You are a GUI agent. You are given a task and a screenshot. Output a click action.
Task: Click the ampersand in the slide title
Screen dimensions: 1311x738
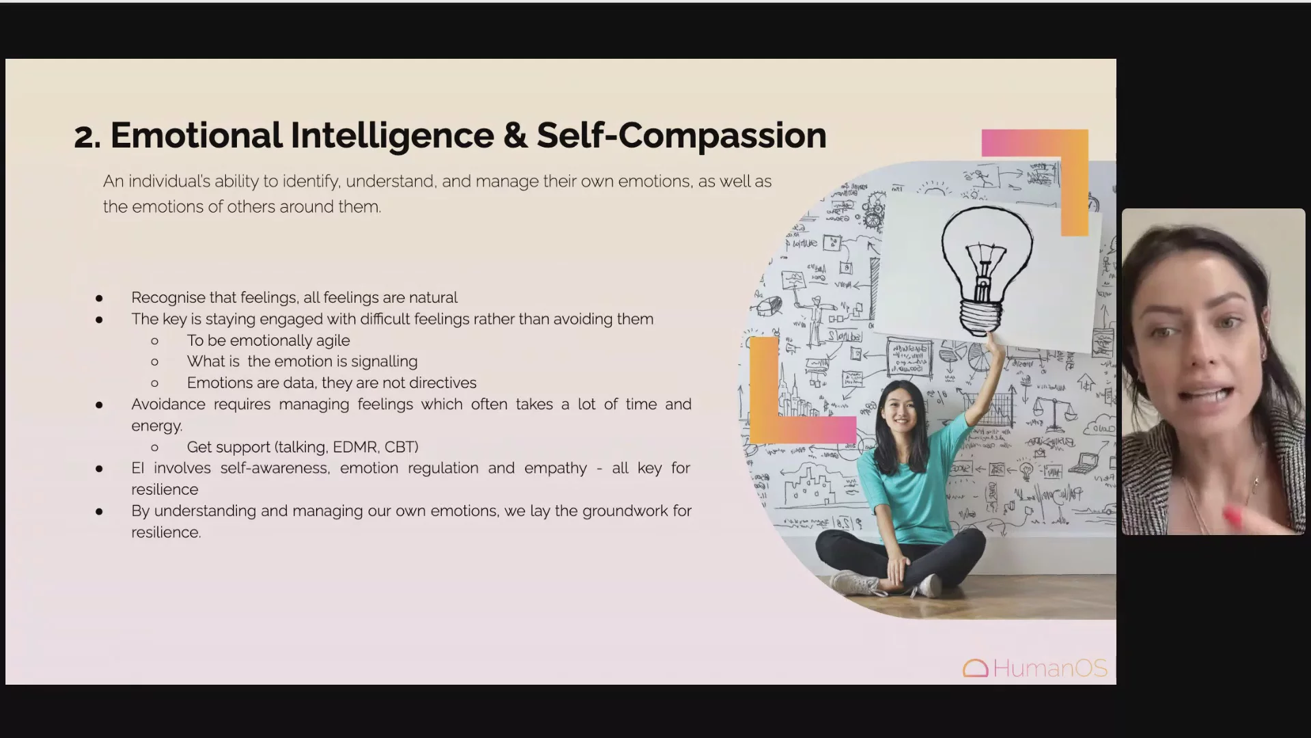[x=516, y=135]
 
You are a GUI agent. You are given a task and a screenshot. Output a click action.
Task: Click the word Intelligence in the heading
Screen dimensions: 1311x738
[x=393, y=135]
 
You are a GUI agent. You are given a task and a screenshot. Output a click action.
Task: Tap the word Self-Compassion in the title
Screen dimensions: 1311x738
[x=681, y=135]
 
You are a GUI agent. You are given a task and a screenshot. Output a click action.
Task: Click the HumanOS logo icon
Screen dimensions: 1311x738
[x=976, y=668]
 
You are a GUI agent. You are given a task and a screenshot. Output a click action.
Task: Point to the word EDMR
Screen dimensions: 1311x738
[x=355, y=447]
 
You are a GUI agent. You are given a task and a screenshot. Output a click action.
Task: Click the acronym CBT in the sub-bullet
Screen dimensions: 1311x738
[x=401, y=447]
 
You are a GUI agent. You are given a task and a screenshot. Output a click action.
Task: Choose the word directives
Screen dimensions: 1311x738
[x=443, y=383]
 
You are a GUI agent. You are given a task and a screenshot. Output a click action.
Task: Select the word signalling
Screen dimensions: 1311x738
[x=384, y=361]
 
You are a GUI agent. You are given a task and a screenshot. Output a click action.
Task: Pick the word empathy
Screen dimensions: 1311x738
[x=556, y=469]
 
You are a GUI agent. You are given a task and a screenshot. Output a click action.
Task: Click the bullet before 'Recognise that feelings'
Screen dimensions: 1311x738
[x=100, y=298]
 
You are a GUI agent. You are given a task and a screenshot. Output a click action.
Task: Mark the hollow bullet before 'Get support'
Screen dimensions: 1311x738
[x=155, y=448]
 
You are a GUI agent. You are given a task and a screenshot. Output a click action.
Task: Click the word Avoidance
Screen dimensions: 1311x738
[x=168, y=405]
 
